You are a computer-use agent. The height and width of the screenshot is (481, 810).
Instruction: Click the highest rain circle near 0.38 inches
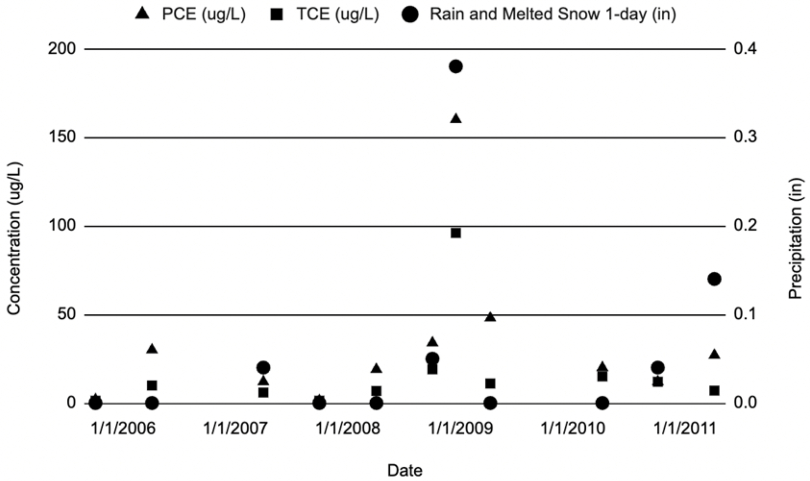point(455,67)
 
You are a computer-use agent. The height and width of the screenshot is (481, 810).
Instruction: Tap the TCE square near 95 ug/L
point(456,233)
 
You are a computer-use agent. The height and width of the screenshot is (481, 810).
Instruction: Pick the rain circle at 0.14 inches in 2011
point(714,279)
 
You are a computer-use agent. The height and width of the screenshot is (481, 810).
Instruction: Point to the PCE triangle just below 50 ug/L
point(490,317)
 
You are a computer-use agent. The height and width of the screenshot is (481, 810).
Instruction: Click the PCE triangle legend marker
point(142,14)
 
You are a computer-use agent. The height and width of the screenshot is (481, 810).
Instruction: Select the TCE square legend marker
point(276,15)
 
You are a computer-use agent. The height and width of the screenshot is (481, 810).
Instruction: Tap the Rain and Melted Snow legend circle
point(410,15)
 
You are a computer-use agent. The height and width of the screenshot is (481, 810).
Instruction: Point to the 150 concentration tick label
point(62,137)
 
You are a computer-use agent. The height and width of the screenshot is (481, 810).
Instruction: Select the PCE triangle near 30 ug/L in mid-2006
point(152,349)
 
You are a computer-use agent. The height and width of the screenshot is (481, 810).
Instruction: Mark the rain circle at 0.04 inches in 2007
point(263,367)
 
